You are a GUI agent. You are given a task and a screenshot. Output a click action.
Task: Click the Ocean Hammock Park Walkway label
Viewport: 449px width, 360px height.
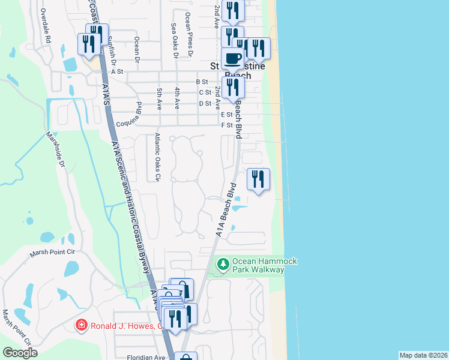point(258,265)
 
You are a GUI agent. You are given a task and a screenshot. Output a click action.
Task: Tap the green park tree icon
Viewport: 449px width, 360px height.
point(223,265)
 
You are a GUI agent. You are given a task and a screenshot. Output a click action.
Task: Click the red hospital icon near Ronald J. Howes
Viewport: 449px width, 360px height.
point(80,326)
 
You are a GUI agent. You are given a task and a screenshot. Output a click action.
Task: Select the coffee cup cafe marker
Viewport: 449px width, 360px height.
point(232,58)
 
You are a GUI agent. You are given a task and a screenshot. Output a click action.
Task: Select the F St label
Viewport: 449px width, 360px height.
point(226,125)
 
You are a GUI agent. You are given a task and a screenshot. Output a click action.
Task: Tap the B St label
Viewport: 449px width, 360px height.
point(201,82)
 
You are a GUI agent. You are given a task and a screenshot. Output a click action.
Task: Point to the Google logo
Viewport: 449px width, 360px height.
point(20,353)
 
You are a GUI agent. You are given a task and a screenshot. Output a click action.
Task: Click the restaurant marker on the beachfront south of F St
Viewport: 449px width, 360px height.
point(258,178)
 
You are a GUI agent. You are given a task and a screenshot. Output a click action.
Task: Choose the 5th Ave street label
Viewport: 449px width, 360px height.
point(159,98)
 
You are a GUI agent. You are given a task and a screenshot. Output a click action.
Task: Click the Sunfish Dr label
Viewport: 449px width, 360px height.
point(112,47)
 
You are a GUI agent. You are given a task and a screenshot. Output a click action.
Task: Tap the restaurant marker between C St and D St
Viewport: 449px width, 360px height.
point(232,87)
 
